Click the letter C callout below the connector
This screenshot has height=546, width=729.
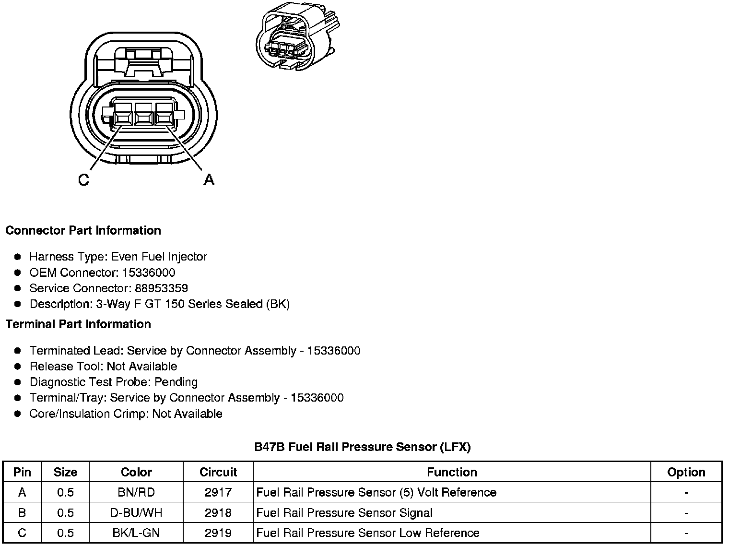pyautogui.click(x=83, y=180)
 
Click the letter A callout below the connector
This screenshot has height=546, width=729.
pyautogui.click(x=209, y=180)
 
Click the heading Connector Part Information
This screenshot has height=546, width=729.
pyautogui.click(x=83, y=230)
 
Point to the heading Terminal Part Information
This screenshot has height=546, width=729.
pyautogui.click(x=78, y=324)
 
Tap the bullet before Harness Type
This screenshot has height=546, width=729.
pyautogui.click(x=18, y=257)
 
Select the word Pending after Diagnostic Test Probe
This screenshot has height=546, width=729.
pyautogui.click(x=176, y=382)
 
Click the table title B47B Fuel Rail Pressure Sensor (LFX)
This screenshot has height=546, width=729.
pyautogui.click(x=363, y=447)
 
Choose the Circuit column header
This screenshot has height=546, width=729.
pyautogui.click(x=218, y=472)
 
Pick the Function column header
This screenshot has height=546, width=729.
pyautogui.click(x=452, y=472)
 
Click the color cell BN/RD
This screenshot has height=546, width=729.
pyautogui.click(x=136, y=492)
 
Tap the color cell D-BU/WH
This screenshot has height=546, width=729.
pyautogui.click(x=136, y=512)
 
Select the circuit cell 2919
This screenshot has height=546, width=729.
pyautogui.click(x=218, y=533)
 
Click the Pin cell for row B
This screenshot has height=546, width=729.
pyautogui.click(x=22, y=512)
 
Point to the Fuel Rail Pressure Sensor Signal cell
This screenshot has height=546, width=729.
pyautogui.click(x=344, y=512)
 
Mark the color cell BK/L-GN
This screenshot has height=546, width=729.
pyautogui.click(x=136, y=533)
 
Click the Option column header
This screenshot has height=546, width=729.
pyautogui.click(x=686, y=472)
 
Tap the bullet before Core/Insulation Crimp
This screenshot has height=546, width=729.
pyautogui.click(x=18, y=414)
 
